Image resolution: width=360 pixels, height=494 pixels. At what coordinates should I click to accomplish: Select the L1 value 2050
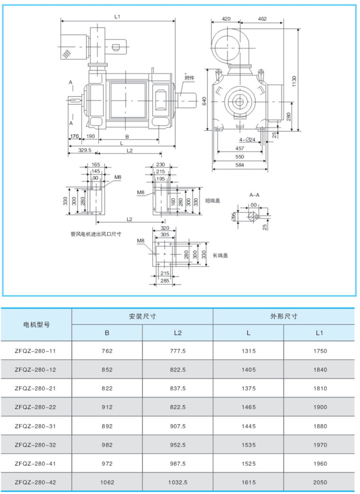[319, 483]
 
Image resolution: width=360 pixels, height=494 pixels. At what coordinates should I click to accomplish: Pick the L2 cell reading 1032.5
[177, 483]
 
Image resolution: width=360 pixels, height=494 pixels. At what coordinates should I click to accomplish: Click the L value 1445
[248, 426]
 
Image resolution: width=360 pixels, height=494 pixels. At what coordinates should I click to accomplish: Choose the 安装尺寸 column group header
[142, 316]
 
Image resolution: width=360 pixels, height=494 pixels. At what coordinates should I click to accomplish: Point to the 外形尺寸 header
[283, 316]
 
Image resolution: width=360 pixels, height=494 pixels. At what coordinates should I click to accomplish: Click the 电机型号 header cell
[36, 324]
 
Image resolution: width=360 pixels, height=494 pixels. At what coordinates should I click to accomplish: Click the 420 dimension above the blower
[226, 19]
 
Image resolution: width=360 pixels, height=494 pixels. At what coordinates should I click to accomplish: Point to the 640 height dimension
[204, 101]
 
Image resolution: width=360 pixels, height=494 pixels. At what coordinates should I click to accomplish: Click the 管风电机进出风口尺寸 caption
[96, 233]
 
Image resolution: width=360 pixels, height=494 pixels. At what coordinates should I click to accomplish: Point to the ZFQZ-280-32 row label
[35, 445]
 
